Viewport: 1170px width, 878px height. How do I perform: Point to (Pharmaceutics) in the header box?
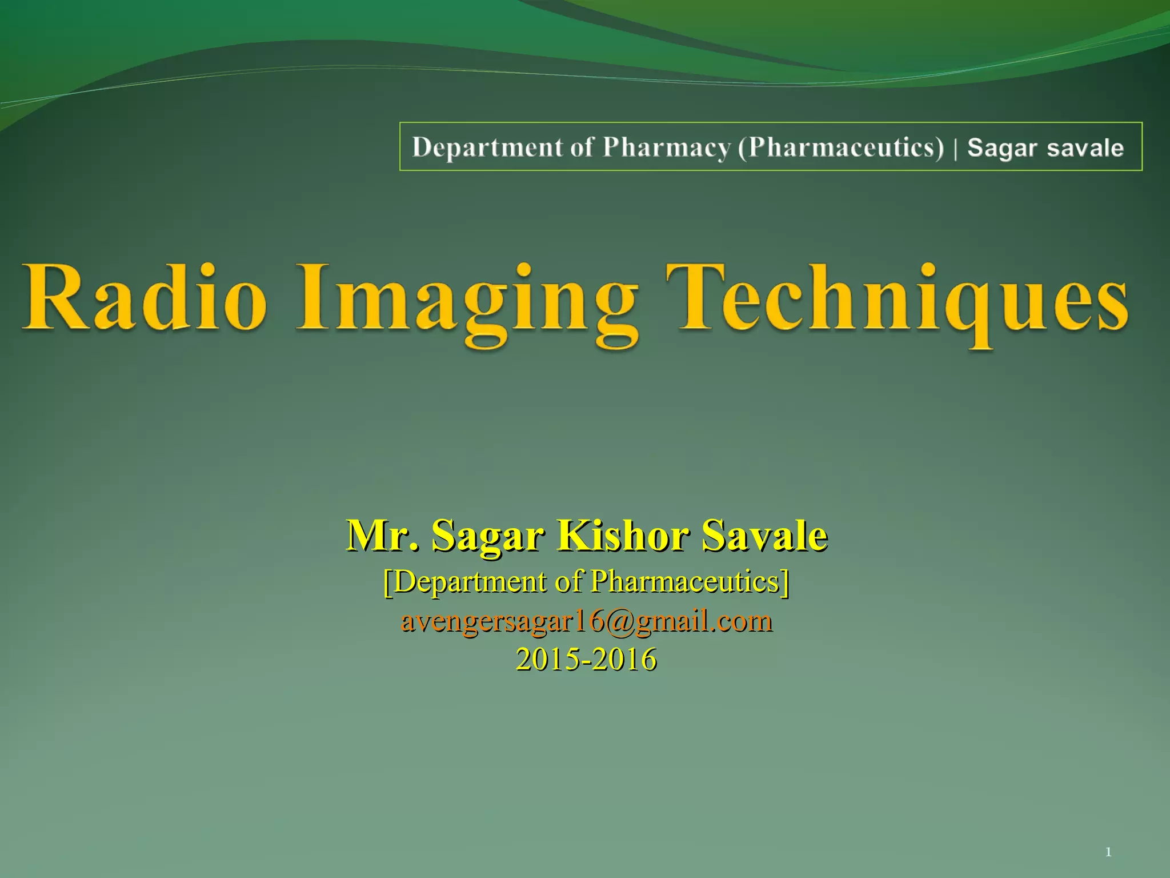point(841,147)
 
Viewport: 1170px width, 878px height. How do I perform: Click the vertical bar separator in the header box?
point(956,148)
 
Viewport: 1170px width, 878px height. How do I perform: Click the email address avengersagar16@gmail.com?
point(586,621)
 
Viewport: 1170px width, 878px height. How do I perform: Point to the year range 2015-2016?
point(586,659)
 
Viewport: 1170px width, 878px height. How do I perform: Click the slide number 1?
point(1108,852)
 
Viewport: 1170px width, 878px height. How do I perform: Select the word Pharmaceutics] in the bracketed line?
point(690,582)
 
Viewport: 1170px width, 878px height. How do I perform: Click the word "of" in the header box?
point(582,147)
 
